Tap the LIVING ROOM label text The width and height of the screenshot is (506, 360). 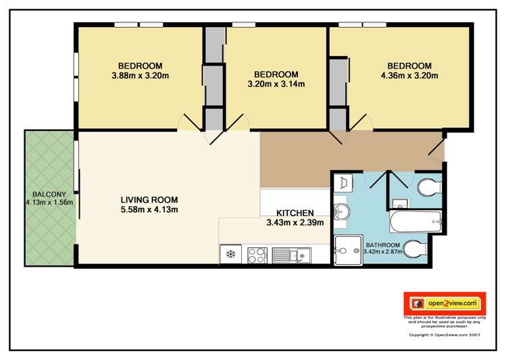point(149,200)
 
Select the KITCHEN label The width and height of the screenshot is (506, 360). point(295,213)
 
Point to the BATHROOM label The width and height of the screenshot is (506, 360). point(383,245)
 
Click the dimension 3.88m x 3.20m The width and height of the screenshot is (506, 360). point(140,76)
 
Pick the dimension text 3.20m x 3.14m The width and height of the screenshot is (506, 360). point(276,84)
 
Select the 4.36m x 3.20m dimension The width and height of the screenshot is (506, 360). point(409,76)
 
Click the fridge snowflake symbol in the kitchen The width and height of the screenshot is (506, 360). point(230,255)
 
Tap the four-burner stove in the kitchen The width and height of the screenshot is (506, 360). point(256,255)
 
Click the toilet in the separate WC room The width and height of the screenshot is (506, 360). point(428,188)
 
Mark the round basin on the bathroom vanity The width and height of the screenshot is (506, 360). point(341,210)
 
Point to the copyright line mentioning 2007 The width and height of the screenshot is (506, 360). point(444,334)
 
